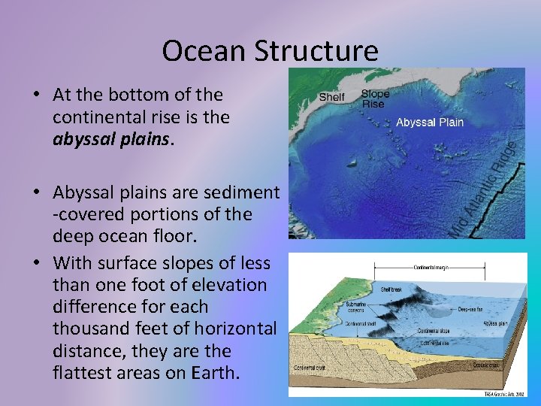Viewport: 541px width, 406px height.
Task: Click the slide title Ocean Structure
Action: coord(270,51)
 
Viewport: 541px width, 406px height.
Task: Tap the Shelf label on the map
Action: coord(331,96)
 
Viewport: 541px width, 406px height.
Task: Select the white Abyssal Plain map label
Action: coord(430,122)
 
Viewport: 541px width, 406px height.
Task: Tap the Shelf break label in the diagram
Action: coord(392,288)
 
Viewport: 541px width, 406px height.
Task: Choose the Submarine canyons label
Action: coord(356,307)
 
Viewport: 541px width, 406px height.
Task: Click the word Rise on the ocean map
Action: coord(373,105)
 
